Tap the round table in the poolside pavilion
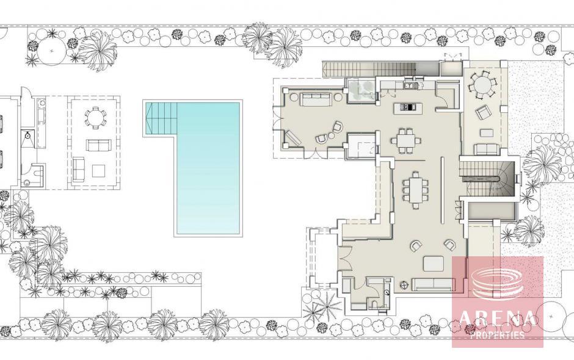pos(95,118)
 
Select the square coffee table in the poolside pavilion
pos(99,171)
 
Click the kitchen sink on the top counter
pos(410,85)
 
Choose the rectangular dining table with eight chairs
pos(416,190)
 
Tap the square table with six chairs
pos(406,140)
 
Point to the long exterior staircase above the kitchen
pos(369,69)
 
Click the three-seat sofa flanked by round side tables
pos(316,99)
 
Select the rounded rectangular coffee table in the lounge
pos(434,263)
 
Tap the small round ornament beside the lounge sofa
pos(405,284)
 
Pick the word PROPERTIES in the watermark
pos(497,334)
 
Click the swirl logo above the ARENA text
pos(498,283)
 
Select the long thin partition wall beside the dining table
pos(442,189)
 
